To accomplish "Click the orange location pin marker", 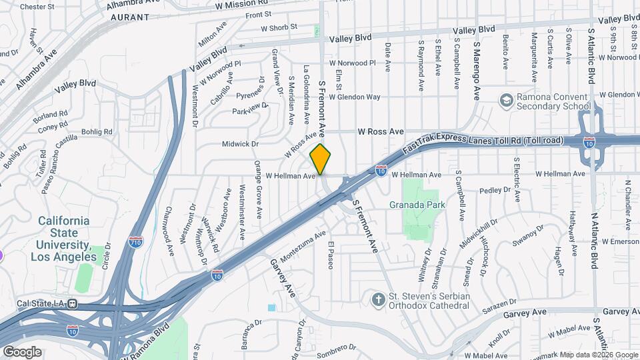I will click(x=321, y=159).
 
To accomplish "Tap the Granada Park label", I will click(x=419, y=205).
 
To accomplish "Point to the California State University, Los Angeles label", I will click(x=63, y=239).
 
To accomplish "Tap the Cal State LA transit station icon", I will click(x=72, y=304).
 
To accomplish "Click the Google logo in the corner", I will click(x=22, y=351).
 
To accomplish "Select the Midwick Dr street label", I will click(x=241, y=144).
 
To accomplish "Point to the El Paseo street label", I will click(x=329, y=255).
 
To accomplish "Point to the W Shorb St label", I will click(x=279, y=28).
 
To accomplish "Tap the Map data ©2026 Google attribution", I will click(x=598, y=355).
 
